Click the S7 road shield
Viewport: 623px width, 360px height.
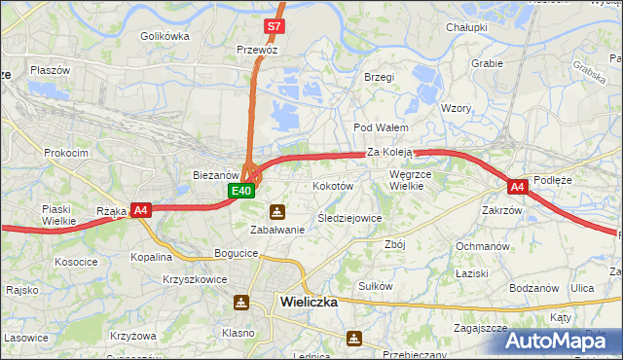275,26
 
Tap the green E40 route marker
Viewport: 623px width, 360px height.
242,191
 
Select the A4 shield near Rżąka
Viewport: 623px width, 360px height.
141,209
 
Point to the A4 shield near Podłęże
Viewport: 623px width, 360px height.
517,187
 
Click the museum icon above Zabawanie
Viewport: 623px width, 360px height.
278,211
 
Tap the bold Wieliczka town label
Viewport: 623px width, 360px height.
308,302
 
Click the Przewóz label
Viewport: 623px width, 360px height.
258,47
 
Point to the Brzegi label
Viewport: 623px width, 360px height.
378,77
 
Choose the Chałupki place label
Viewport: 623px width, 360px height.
466,27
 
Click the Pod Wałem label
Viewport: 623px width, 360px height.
381,127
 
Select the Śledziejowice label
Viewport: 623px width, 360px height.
349,218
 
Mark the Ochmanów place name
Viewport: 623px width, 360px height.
483,246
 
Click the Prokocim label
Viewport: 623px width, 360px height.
66,153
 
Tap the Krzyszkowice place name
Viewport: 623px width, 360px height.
195,279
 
